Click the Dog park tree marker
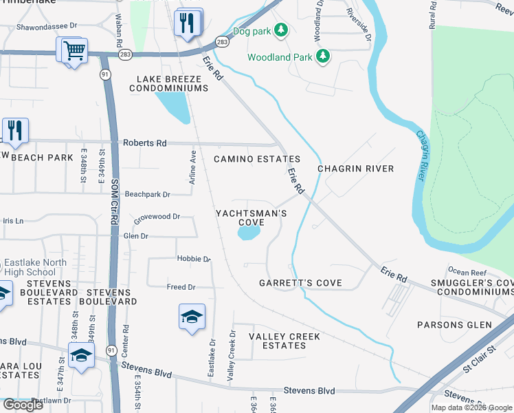click(280, 30)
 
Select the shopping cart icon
click(74, 50)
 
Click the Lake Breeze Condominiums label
click(168, 84)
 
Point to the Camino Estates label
click(256, 159)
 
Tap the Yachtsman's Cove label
click(251, 218)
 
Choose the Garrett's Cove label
click(300, 283)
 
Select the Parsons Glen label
click(455, 324)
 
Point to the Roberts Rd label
click(144, 143)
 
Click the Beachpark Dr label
click(147, 195)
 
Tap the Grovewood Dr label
click(157, 216)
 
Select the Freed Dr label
click(181, 286)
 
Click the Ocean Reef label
click(467, 273)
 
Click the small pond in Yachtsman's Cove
click(248, 234)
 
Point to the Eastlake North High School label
click(36, 267)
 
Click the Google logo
click(23, 405)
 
